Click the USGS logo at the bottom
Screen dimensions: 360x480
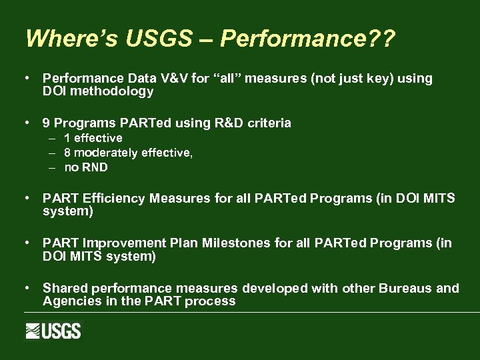(53, 331)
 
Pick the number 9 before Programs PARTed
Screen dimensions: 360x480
(46, 123)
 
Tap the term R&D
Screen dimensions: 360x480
(230, 123)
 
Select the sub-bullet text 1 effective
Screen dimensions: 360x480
(93, 138)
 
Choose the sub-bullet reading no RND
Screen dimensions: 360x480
(85, 167)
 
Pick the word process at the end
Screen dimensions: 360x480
(211, 301)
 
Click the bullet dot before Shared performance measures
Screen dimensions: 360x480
(26, 288)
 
